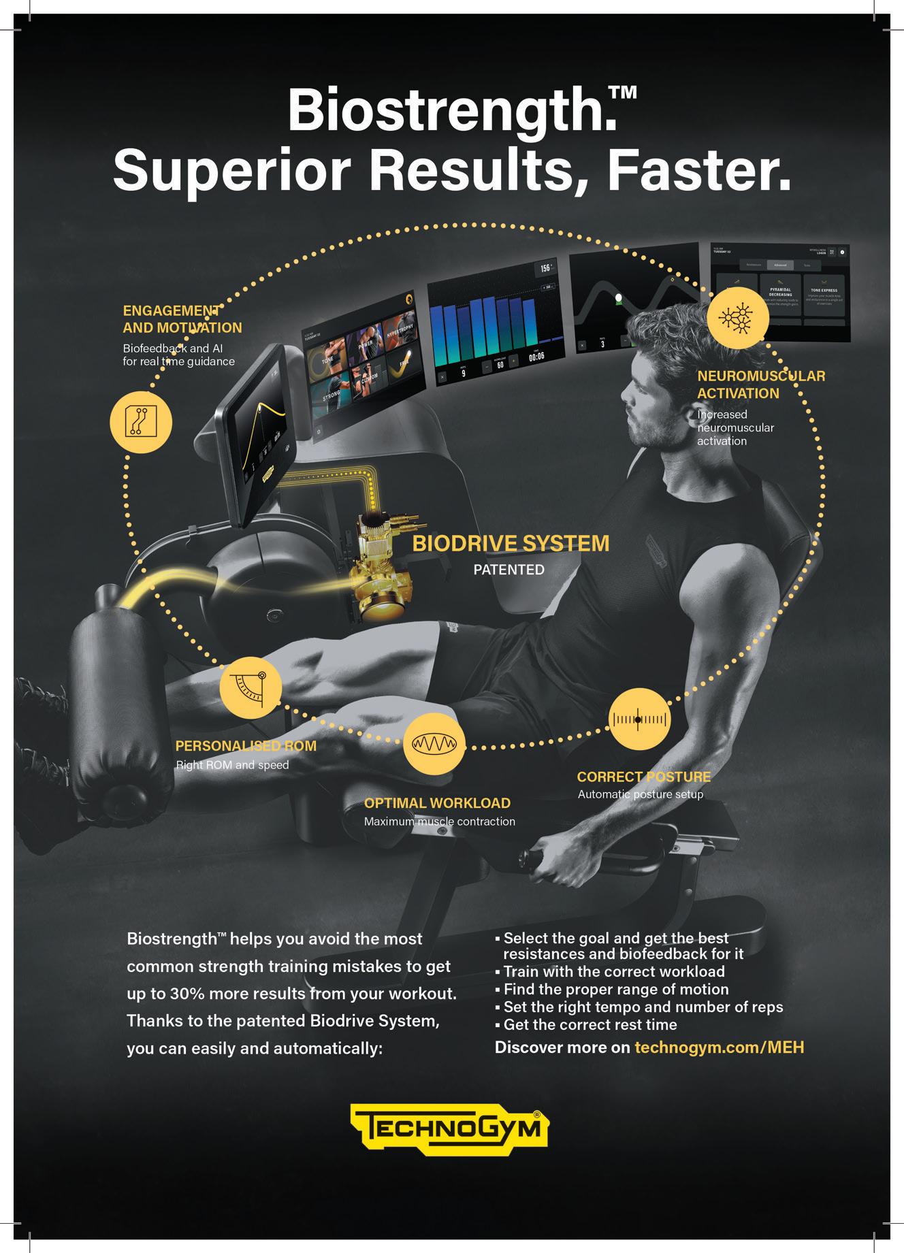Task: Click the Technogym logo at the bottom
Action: (449, 1133)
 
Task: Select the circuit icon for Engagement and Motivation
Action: (141, 422)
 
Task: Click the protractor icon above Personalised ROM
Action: (251, 688)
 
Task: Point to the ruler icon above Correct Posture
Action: (639, 719)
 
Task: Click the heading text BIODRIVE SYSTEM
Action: (511, 544)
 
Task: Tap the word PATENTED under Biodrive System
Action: (508, 570)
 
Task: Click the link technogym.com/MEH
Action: (719, 1047)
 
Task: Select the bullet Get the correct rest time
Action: (590, 1024)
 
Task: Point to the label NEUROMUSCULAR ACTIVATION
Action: (760, 385)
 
